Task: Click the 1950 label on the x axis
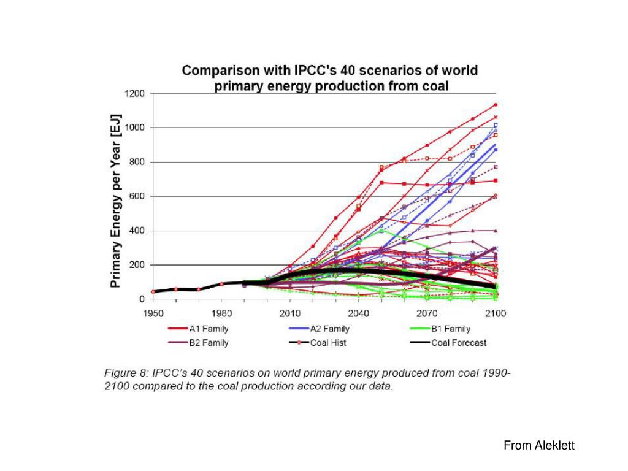click(153, 314)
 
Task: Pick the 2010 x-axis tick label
click(290, 314)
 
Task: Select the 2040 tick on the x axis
click(358, 314)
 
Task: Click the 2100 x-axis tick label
click(496, 314)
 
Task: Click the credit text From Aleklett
click(539, 446)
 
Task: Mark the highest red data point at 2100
click(495, 105)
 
